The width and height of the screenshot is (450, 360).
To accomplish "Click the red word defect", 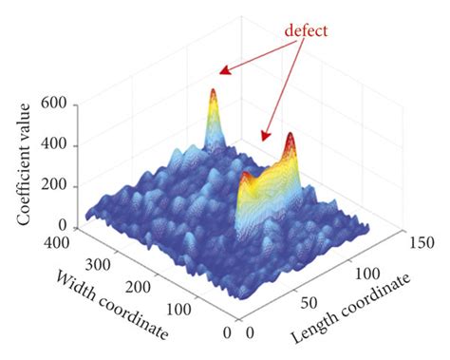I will [306, 31].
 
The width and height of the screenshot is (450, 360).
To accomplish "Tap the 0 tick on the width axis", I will [225, 334].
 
